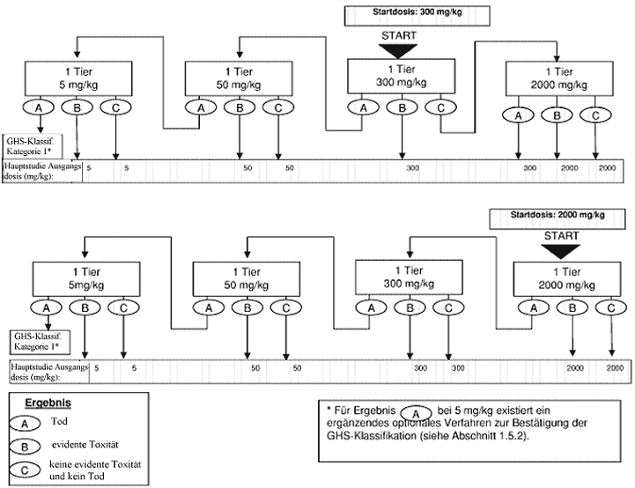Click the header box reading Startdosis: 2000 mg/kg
coord(557,215)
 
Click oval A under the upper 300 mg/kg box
coord(362,107)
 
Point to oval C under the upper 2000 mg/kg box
coord(595,115)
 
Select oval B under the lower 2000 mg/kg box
coord(573,308)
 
